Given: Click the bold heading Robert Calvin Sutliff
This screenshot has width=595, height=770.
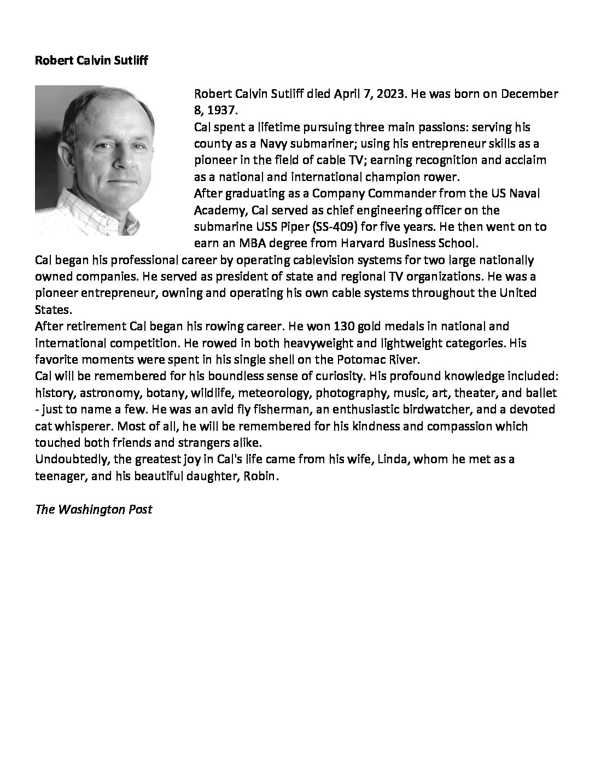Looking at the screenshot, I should [91, 60].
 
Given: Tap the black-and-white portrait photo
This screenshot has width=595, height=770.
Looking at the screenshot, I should [95, 160].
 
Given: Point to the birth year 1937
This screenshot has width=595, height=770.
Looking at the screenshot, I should [221, 110].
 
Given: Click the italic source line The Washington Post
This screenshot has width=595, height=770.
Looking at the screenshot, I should [94, 509].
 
